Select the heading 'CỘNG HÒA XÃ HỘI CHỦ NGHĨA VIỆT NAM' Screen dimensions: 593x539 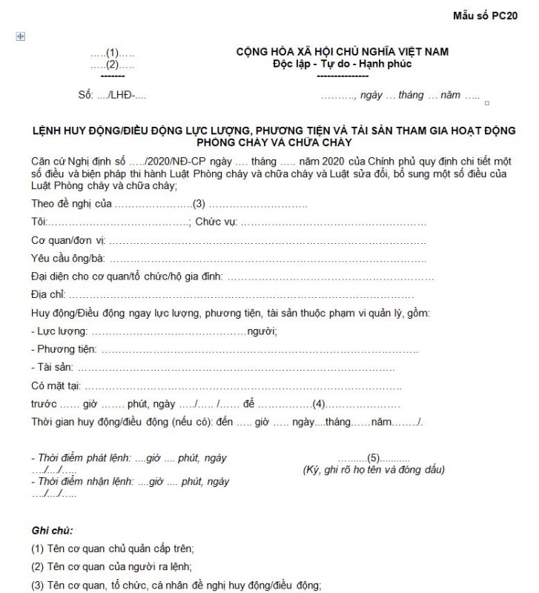342,52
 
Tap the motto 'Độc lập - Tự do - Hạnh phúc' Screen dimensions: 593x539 342,63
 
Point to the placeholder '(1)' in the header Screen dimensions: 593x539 112,53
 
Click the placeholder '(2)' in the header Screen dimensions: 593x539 112,64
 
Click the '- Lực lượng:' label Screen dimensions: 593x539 59,331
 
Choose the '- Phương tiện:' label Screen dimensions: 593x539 64,349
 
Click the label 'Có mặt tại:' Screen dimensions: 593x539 56,385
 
